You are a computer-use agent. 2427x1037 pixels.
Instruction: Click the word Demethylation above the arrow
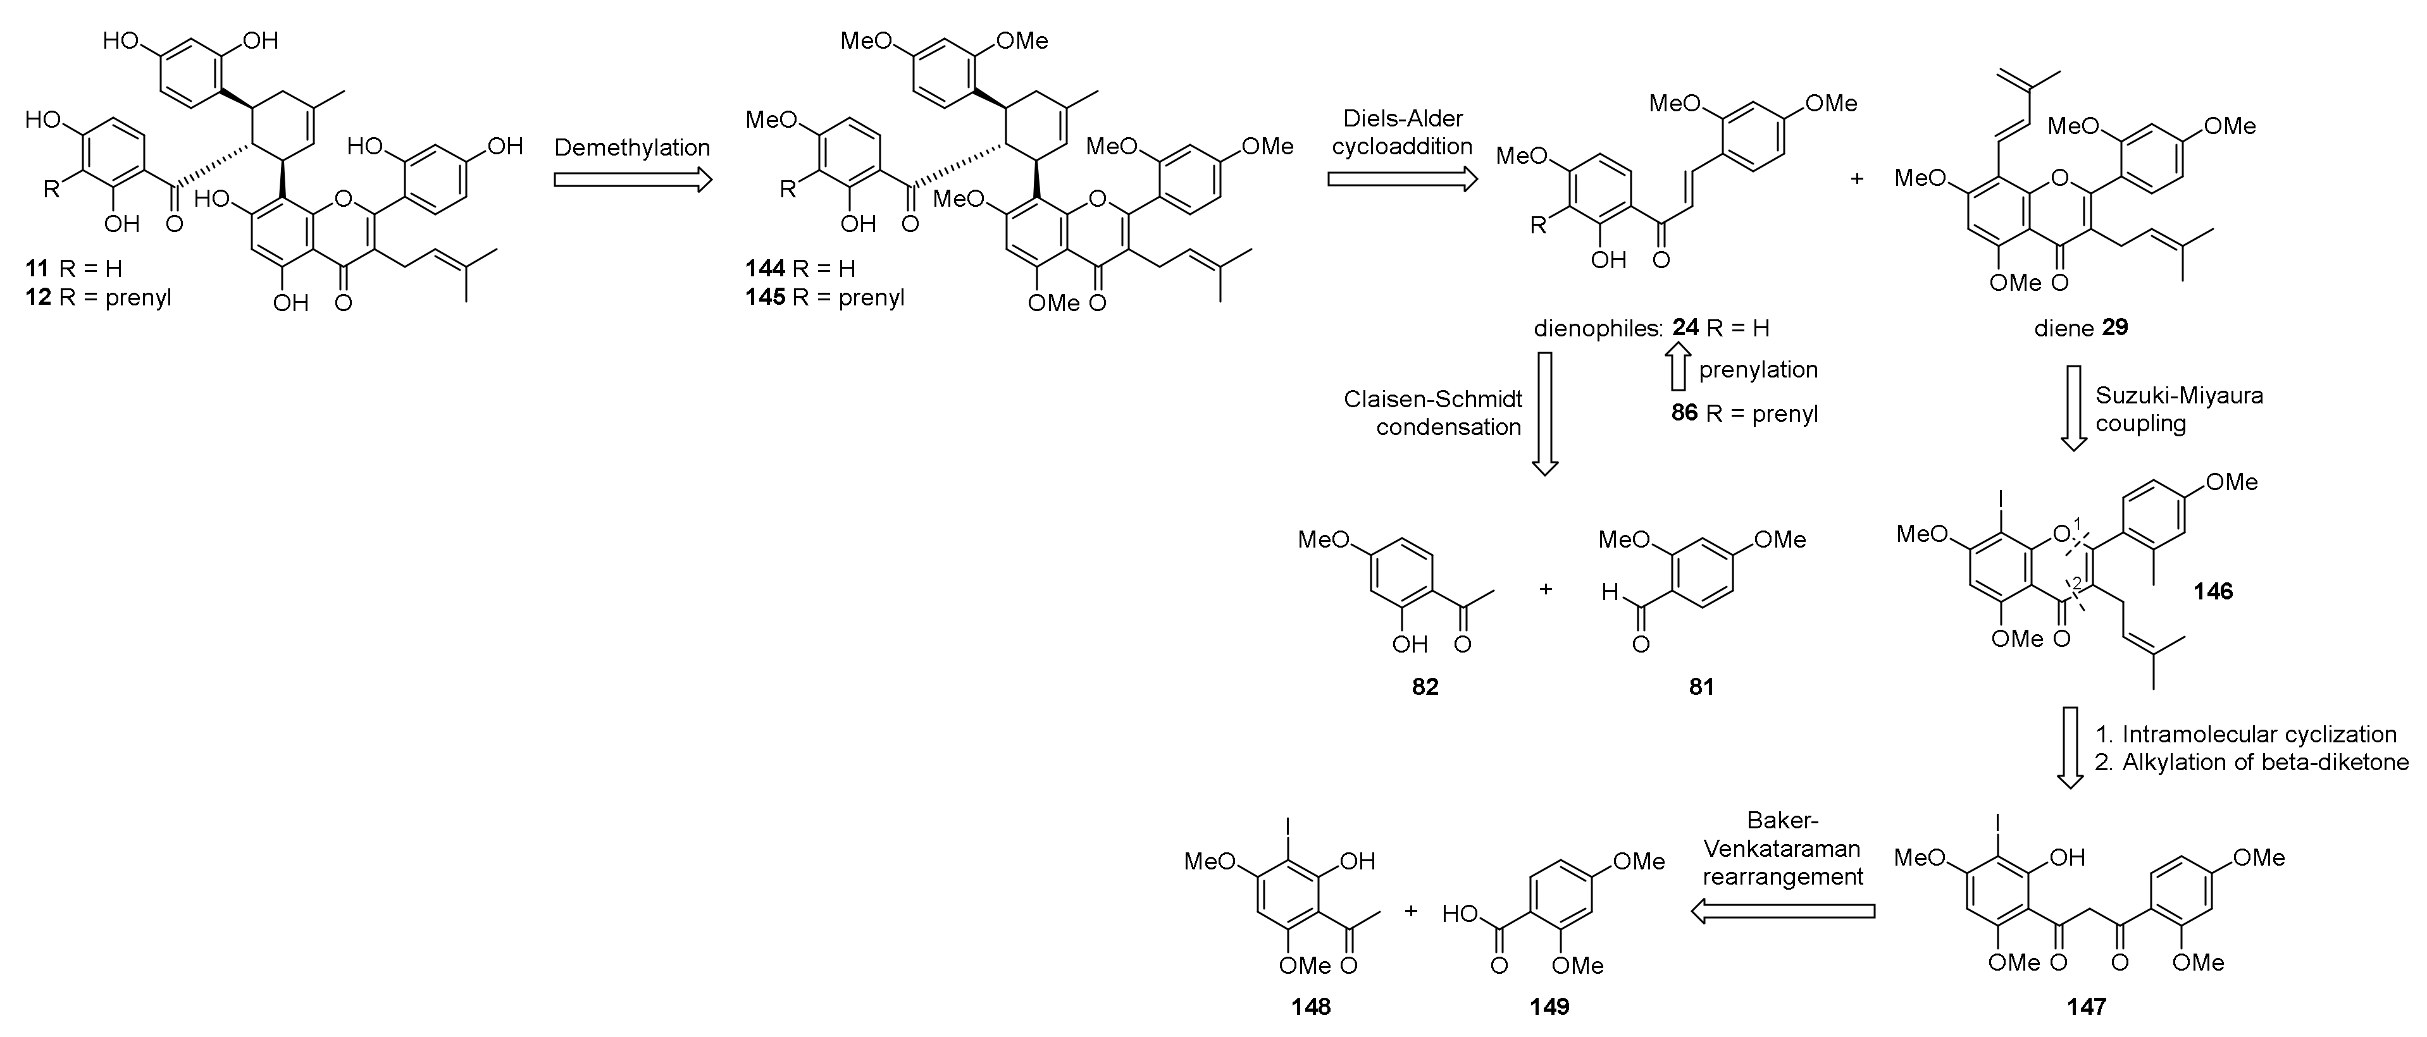point(631,148)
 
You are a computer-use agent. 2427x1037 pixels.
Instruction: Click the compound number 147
point(2086,1007)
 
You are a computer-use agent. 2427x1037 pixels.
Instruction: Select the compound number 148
point(1310,1007)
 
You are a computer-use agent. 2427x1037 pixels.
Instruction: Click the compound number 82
point(1425,687)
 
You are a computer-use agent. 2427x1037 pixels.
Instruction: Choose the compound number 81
point(1701,687)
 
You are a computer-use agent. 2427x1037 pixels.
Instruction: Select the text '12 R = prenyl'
point(99,298)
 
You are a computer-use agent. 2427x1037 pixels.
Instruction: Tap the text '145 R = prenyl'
point(825,298)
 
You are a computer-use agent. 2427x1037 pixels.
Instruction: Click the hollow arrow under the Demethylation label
point(632,180)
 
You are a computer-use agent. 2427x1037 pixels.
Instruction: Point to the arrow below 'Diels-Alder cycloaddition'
point(1402,180)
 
